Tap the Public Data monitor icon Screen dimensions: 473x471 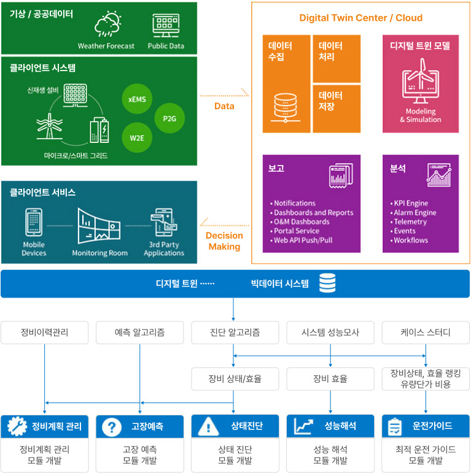pyautogui.click(x=166, y=26)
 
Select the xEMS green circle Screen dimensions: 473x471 pyautogui.click(x=137, y=98)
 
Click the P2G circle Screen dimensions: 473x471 pyautogui.click(x=169, y=118)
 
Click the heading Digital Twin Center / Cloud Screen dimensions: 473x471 pyautogui.click(x=360, y=18)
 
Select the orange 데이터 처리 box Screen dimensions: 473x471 pyautogui.click(x=336, y=58)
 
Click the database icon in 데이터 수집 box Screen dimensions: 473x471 pyautogui.click(x=286, y=107)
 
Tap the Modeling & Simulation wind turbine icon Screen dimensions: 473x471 pyautogui.click(x=420, y=84)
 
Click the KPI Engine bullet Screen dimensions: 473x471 pyautogui.click(x=411, y=203)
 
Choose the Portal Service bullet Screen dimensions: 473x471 pyautogui.click(x=296, y=231)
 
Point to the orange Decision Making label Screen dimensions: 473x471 pyautogui.click(x=224, y=241)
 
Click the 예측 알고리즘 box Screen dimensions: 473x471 pyautogui.click(x=139, y=333)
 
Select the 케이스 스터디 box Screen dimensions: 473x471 pyautogui.click(x=426, y=333)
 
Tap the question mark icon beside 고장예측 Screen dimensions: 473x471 pyautogui.click(x=111, y=426)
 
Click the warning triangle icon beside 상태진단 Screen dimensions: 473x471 pyautogui.click(x=207, y=426)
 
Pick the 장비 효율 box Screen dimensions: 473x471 pyautogui.click(x=330, y=379)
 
